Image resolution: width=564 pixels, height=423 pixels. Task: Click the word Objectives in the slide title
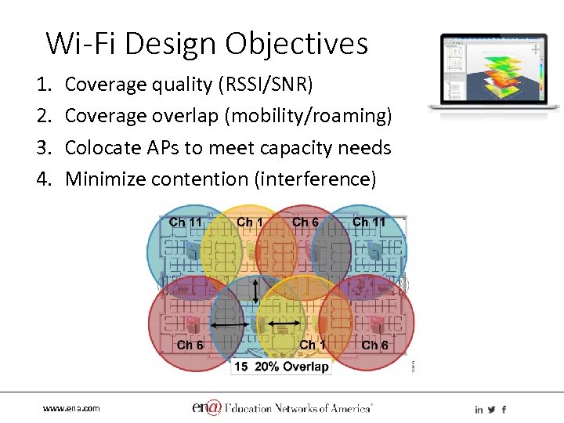click(x=297, y=43)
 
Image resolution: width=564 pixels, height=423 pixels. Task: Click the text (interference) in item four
click(x=314, y=179)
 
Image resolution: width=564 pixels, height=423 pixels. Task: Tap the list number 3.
click(x=50, y=147)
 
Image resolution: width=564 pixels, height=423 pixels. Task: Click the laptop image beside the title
click(x=493, y=73)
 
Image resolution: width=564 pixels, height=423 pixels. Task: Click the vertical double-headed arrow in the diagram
click(x=258, y=293)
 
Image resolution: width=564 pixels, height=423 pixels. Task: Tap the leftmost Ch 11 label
click(x=186, y=222)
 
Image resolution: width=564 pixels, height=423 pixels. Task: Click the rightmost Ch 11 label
click(x=369, y=222)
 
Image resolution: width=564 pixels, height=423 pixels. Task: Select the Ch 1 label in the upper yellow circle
click(x=251, y=222)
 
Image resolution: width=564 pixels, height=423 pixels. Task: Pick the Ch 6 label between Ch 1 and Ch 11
click(x=305, y=222)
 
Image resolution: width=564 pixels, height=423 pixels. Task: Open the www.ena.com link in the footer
click(x=71, y=408)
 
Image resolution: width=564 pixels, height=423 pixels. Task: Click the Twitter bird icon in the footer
click(x=491, y=409)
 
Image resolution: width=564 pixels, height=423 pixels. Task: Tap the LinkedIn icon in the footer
click(x=479, y=409)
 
